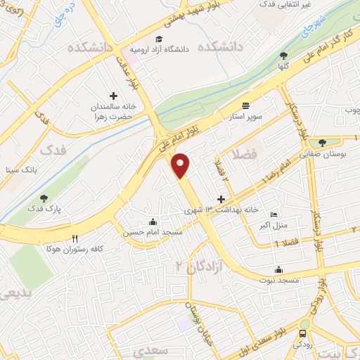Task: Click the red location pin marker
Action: tap(181, 165)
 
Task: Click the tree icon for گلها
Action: tap(283, 56)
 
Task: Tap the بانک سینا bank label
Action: tap(18, 169)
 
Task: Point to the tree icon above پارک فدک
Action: tap(44, 199)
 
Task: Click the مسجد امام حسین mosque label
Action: tap(153, 232)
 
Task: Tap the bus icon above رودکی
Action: tap(303, 333)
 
